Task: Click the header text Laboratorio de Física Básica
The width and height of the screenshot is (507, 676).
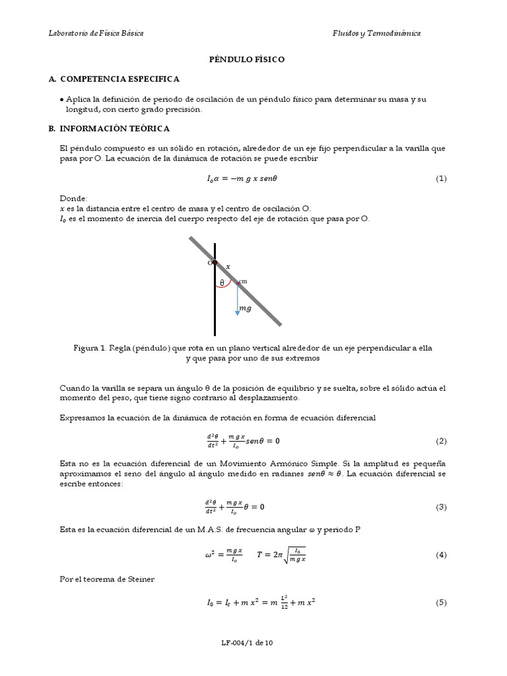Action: pyautogui.click(x=96, y=33)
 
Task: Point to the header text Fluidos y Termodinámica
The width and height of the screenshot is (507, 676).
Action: pyautogui.click(x=376, y=33)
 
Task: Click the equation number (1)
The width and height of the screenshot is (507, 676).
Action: pyautogui.click(x=441, y=179)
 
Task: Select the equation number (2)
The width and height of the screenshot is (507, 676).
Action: pyautogui.click(x=441, y=441)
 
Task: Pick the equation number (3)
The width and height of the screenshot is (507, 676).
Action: pyautogui.click(x=441, y=507)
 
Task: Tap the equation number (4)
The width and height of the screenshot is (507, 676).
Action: pyautogui.click(x=441, y=555)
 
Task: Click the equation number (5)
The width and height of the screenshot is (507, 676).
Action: pyautogui.click(x=441, y=603)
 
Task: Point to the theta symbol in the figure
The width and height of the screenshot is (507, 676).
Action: pyautogui.click(x=222, y=283)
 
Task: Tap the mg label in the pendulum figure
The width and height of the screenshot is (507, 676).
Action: pyautogui.click(x=246, y=308)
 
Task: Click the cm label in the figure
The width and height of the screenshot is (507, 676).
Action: pyautogui.click(x=243, y=281)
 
